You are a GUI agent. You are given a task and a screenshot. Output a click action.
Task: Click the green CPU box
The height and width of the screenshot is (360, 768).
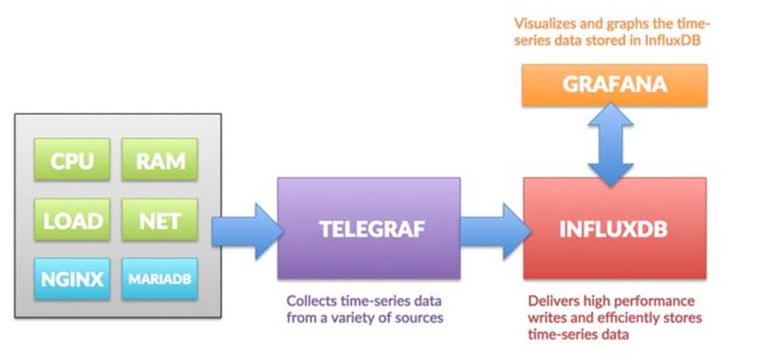[x=72, y=160]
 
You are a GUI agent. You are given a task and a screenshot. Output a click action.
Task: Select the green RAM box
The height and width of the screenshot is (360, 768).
[x=159, y=160]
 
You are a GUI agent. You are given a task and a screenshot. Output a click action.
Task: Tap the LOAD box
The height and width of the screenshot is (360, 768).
[x=72, y=220]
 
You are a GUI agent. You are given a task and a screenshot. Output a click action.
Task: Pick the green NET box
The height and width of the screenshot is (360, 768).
[x=159, y=220]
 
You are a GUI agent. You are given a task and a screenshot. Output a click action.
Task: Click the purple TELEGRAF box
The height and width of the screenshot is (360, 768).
[x=368, y=228]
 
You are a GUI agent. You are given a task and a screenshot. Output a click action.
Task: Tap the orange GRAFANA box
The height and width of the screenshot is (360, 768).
[x=613, y=85]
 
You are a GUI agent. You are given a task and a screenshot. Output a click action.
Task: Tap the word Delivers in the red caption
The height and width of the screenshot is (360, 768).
[x=556, y=300]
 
